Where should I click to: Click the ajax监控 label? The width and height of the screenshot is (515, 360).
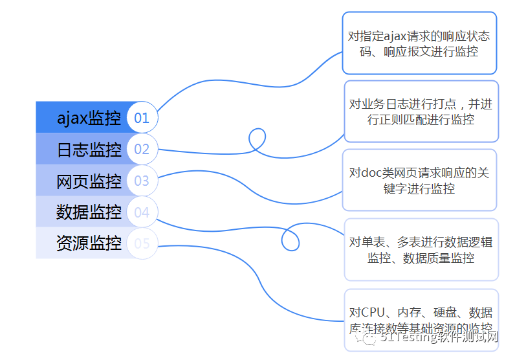tap(89, 118)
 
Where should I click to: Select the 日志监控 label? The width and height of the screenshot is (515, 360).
tap(89, 150)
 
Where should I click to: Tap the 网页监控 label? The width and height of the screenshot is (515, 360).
tap(89, 181)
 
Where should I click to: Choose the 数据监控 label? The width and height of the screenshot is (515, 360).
tap(89, 212)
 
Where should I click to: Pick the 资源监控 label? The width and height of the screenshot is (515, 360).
tap(89, 243)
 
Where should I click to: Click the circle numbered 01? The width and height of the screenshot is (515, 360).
tap(142, 118)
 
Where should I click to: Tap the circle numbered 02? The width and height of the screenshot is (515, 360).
tap(142, 150)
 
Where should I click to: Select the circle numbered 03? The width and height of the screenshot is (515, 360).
tap(142, 181)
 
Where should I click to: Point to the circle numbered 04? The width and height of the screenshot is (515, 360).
tap(142, 212)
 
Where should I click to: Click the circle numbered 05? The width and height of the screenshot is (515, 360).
tap(142, 243)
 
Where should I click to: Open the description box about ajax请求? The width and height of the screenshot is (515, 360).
tap(419, 43)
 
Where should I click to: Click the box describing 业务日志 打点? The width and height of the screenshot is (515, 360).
tap(421, 111)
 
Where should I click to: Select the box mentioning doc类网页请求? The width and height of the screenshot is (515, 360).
tap(419, 180)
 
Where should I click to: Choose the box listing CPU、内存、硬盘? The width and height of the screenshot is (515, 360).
tap(421, 319)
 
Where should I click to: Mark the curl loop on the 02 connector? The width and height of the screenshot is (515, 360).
tap(257, 138)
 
